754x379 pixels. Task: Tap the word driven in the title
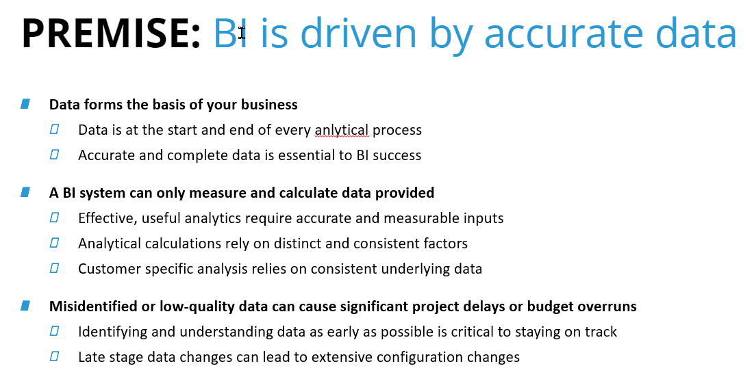359,33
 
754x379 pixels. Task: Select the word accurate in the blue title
564,35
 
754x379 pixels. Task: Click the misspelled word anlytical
342,130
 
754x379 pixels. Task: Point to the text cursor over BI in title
242,33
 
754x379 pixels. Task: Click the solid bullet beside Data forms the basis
25,104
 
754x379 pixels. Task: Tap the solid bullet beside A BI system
25,192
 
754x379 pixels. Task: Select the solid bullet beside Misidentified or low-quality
25,306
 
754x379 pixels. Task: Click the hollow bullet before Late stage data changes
54,356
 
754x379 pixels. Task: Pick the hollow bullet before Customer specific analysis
54,267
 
